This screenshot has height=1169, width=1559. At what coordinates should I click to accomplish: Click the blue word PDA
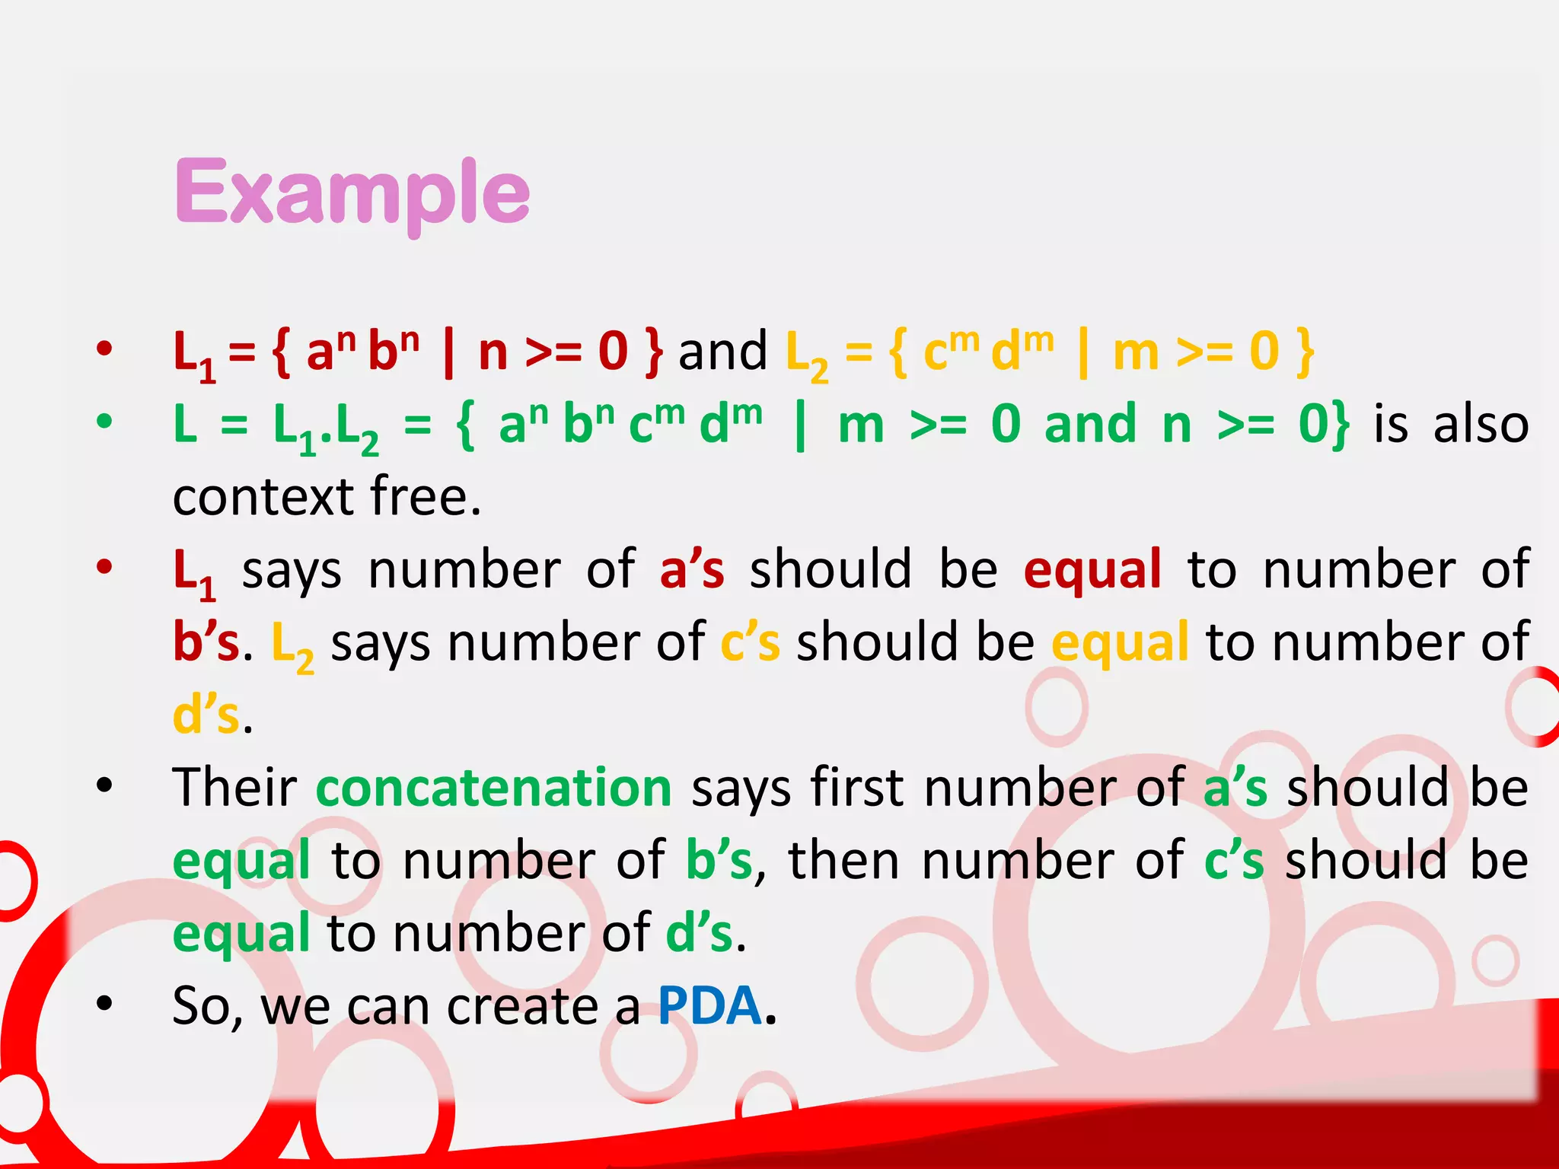click(709, 1005)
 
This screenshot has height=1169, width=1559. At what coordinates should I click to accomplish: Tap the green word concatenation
click(494, 787)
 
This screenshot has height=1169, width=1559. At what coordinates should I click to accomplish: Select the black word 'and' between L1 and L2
click(722, 352)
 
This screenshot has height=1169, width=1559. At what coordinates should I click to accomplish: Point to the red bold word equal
click(1092, 569)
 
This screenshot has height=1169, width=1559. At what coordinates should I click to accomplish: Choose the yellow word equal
click(1120, 642)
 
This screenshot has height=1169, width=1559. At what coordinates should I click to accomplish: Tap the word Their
click(234, 787)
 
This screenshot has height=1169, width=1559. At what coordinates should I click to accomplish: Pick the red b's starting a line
click(206, 642)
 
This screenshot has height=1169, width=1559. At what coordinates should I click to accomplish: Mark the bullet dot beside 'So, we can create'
click(104, 1004)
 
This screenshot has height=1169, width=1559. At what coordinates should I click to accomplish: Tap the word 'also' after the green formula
click(1481, 424)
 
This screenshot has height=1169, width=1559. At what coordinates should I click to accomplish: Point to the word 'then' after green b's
click(844, 860)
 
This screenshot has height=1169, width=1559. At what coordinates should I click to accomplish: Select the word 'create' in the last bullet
click(522, 1006)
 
